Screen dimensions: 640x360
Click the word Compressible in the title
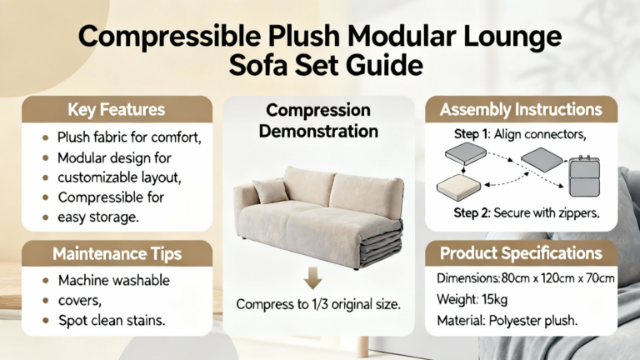[x=170, y=37]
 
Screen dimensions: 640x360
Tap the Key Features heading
[x=117, y=110]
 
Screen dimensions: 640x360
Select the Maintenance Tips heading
[x=117, y=254]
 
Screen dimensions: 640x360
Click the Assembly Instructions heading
[x=521, y=110]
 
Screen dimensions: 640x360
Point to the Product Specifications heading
[x=521, y=253]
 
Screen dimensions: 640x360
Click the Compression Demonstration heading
[x=318, y=120]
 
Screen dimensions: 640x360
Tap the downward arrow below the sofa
[x=313, y=278]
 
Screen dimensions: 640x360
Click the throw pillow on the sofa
[x=270, y=191]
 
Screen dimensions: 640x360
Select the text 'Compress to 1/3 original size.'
[x=318, y=304]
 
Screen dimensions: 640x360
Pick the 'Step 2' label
[x=472, y=212]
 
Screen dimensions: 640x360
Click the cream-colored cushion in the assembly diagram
[x=459, y=187]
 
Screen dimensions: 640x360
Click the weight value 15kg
[x=494, y=300]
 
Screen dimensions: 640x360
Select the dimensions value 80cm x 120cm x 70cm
[x=557, y=278]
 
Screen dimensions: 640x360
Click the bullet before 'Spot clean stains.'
[x=46, y=320]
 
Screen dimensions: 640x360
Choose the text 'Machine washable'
[x=114, y=280]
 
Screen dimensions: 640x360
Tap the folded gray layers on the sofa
[x=381, y=243]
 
